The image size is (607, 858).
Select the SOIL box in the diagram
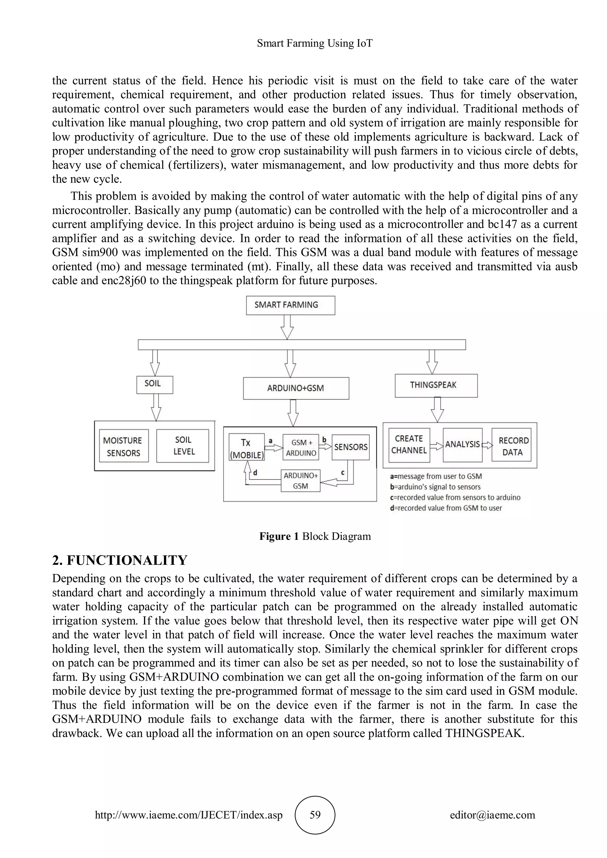click(x=154, y=385)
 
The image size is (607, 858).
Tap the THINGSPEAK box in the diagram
click(x=436, y=385)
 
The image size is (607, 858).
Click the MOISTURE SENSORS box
click(x=124, y=446)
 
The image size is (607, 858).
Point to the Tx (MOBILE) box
click(x=246, y=448)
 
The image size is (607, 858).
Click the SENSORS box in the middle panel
click(x=350, y=447)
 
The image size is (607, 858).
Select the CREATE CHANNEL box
click(x=409, y=445)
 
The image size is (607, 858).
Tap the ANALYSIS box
click(x=462, y=445)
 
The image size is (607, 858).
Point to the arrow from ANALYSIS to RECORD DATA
click(x=487, y=445)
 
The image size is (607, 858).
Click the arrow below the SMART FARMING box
click(x=287, y=327)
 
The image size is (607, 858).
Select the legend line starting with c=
click(x=455, y=497)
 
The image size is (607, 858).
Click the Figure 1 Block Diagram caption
click(x=315, y=536)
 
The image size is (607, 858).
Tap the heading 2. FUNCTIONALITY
click(x=120, y=560)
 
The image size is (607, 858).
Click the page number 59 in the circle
click(x=315, y=815)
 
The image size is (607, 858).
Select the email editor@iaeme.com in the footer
click(x=492, y=815)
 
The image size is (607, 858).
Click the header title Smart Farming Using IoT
click(x=315, y=43)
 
